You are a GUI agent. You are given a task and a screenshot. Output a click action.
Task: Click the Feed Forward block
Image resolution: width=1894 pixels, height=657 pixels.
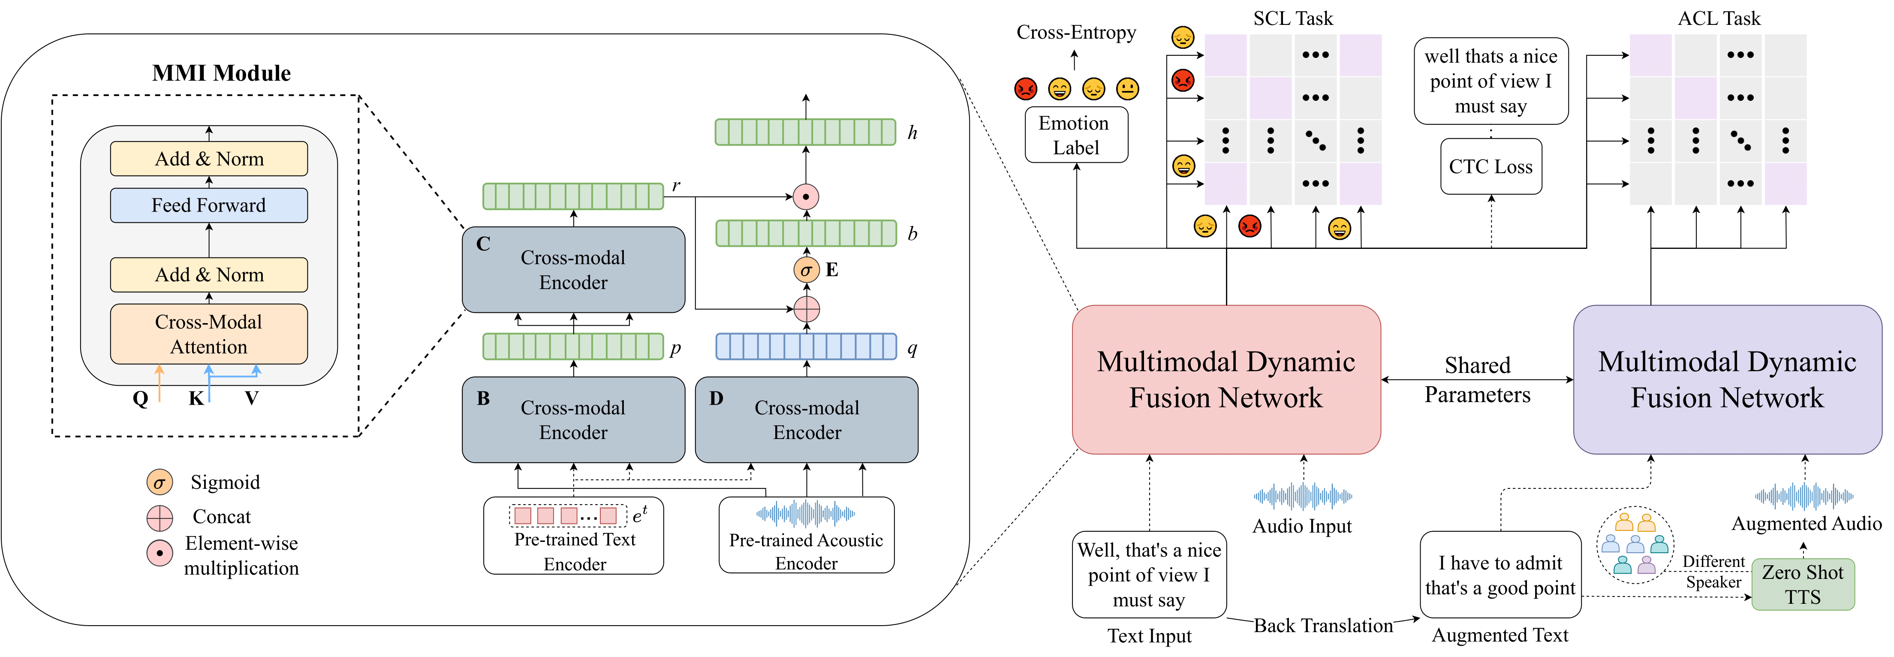tap(209, 205)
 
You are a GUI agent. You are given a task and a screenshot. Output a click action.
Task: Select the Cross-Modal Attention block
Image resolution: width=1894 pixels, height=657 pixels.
tap(209, 334)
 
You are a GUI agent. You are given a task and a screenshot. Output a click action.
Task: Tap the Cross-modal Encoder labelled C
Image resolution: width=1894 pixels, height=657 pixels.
tap(573, 270)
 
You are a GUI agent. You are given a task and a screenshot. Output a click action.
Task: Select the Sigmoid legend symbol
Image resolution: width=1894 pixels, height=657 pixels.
tap(160, 483)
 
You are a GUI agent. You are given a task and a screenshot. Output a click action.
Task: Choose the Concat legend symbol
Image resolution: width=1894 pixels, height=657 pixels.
tap(160, 518)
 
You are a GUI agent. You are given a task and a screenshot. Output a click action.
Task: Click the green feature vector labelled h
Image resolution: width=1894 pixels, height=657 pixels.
tap(806, 133)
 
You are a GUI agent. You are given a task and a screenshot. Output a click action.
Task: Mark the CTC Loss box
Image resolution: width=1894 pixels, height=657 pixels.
tap(1491, 167)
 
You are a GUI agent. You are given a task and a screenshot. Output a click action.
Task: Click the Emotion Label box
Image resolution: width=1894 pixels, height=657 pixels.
tap(1076, 135)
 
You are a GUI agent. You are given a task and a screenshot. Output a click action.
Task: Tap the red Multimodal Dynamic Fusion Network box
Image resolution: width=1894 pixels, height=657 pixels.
tap(1226, 380)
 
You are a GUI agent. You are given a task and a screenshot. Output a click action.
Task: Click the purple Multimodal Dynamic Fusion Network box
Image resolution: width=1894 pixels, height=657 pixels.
tap(1727, 380)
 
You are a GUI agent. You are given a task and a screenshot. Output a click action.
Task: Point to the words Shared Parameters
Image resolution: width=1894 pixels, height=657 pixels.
tap(1477, 380)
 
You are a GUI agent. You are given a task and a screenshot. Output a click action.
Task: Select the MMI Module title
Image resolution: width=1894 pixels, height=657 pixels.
tap(221, 73)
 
